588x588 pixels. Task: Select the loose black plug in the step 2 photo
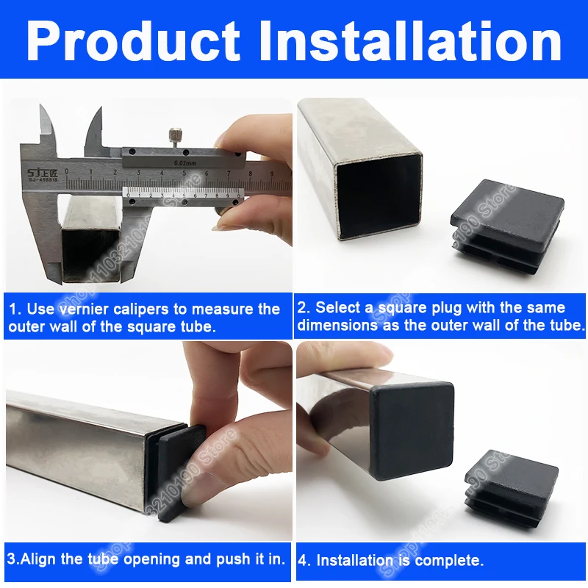click(x=508, y=225)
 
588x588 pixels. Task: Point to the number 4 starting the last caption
click(x=303, y=560)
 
